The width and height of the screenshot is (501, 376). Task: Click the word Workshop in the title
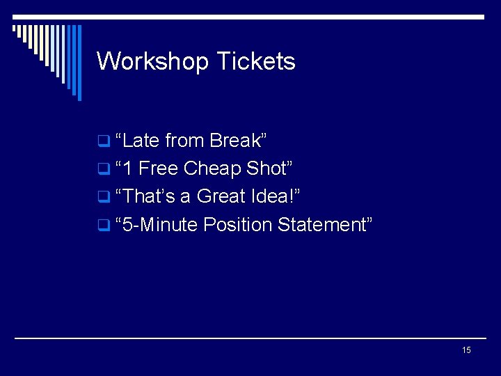click(152, 62)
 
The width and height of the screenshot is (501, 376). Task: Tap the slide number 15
click(466, 350)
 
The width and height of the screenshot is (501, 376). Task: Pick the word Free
click(159, 169)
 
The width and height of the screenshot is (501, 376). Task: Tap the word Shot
click(267, 169)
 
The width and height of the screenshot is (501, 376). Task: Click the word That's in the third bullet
click(148, 196)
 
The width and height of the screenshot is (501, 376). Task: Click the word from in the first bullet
click(184, 141)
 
